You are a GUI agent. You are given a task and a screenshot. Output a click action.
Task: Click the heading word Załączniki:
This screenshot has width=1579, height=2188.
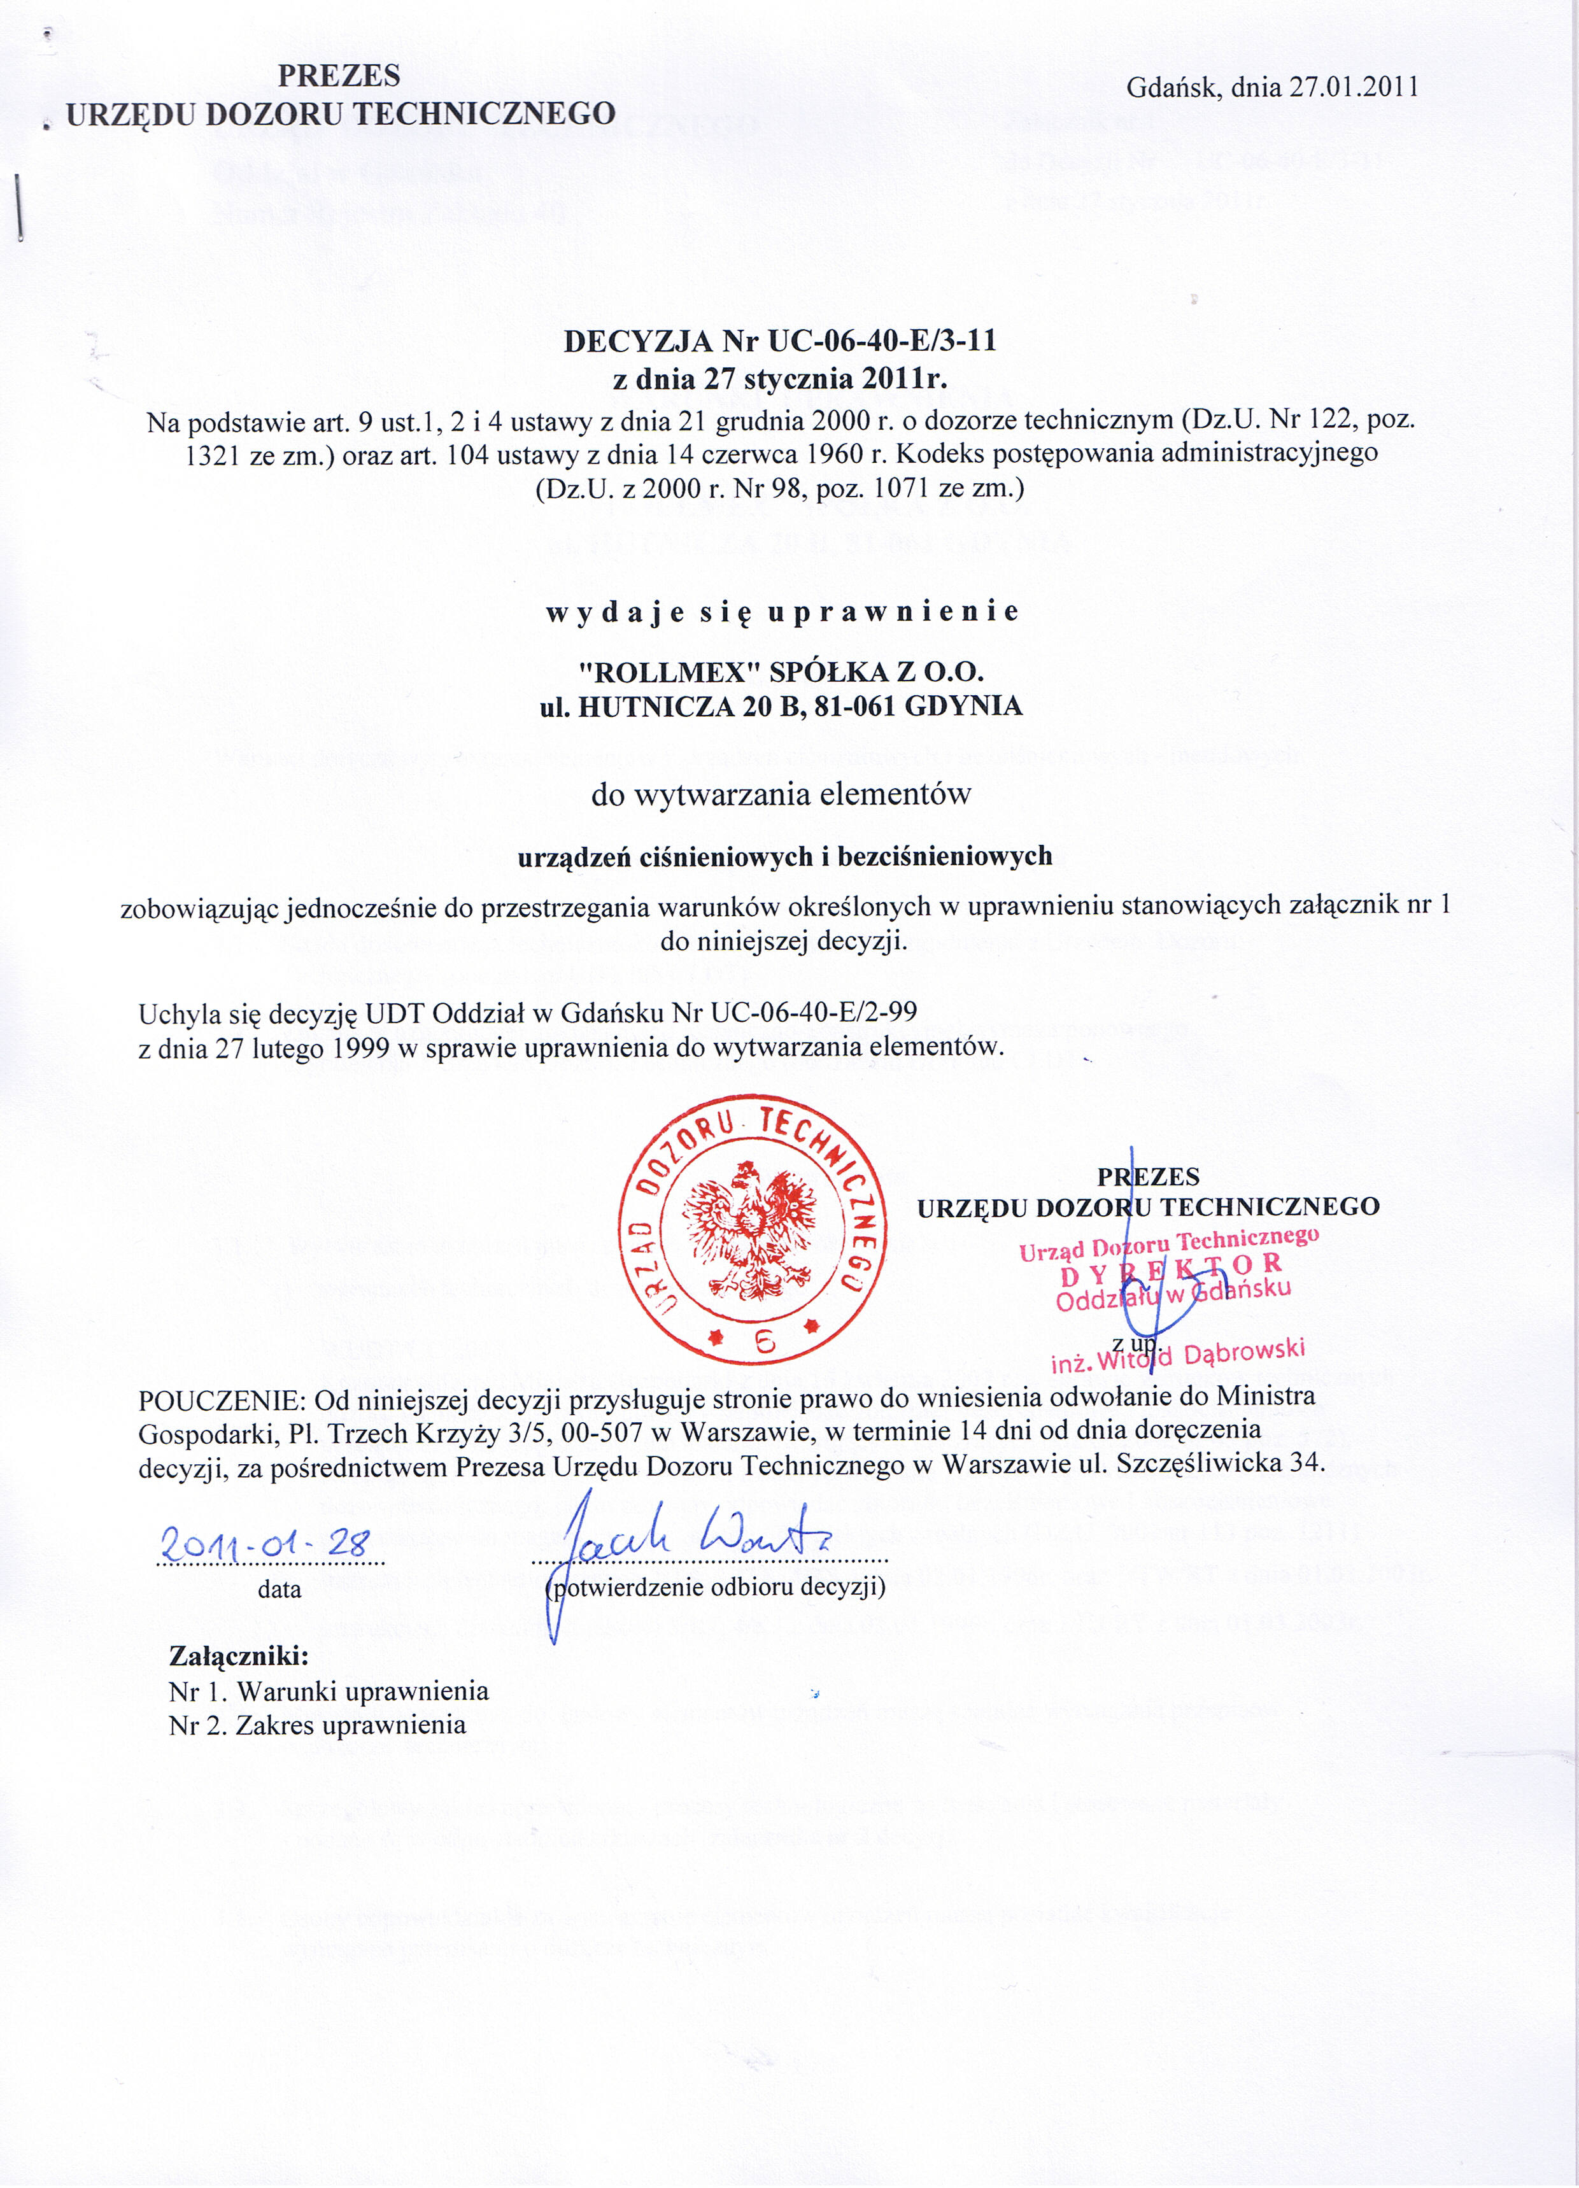click(238, 1656)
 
